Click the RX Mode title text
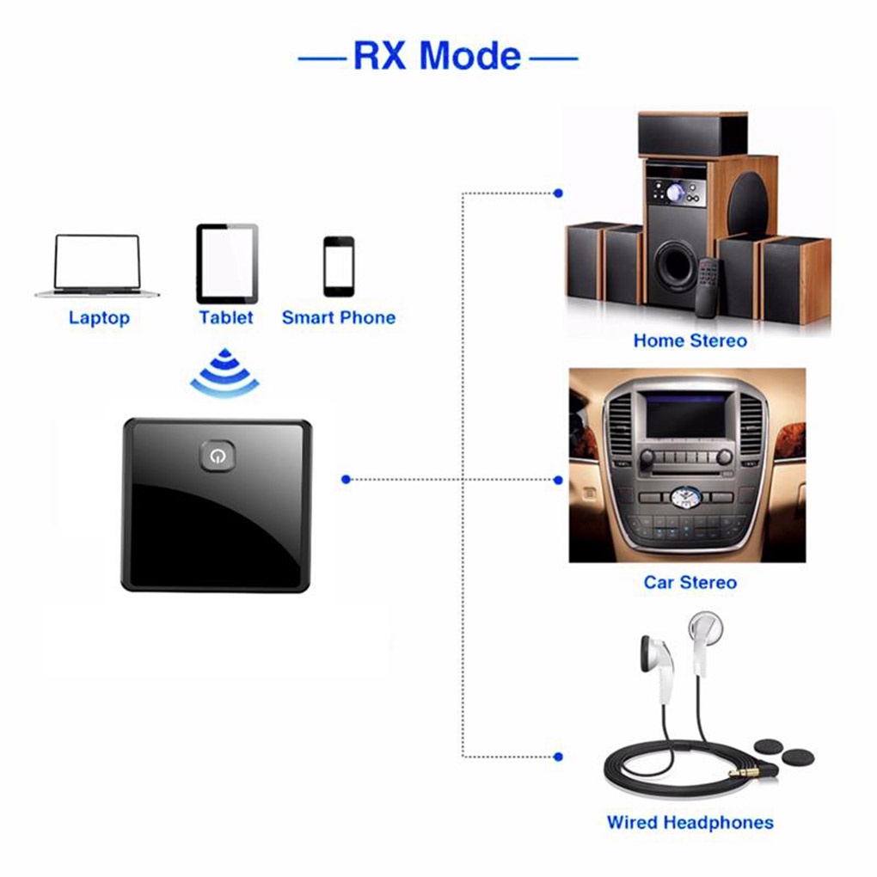(x=438, y=56)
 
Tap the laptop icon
(x=97, y=266)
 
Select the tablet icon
(x=227, y=263)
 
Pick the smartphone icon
(x=339, y=267)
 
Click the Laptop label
(x=99, y=317)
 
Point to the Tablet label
(x=226, y=317)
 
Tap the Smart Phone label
(x=339, y=317)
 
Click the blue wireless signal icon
(x=225, y=372)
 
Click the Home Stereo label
(x=690, y=340)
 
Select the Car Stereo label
(x=690, y=582)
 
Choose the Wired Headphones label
(x=690, y=822)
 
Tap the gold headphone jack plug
(x=744, y=773)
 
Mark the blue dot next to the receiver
(x=346, y=479)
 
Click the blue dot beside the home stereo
(x=558, y=193)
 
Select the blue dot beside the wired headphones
(x=558, y=757)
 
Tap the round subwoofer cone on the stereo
(x=676, y=263)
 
